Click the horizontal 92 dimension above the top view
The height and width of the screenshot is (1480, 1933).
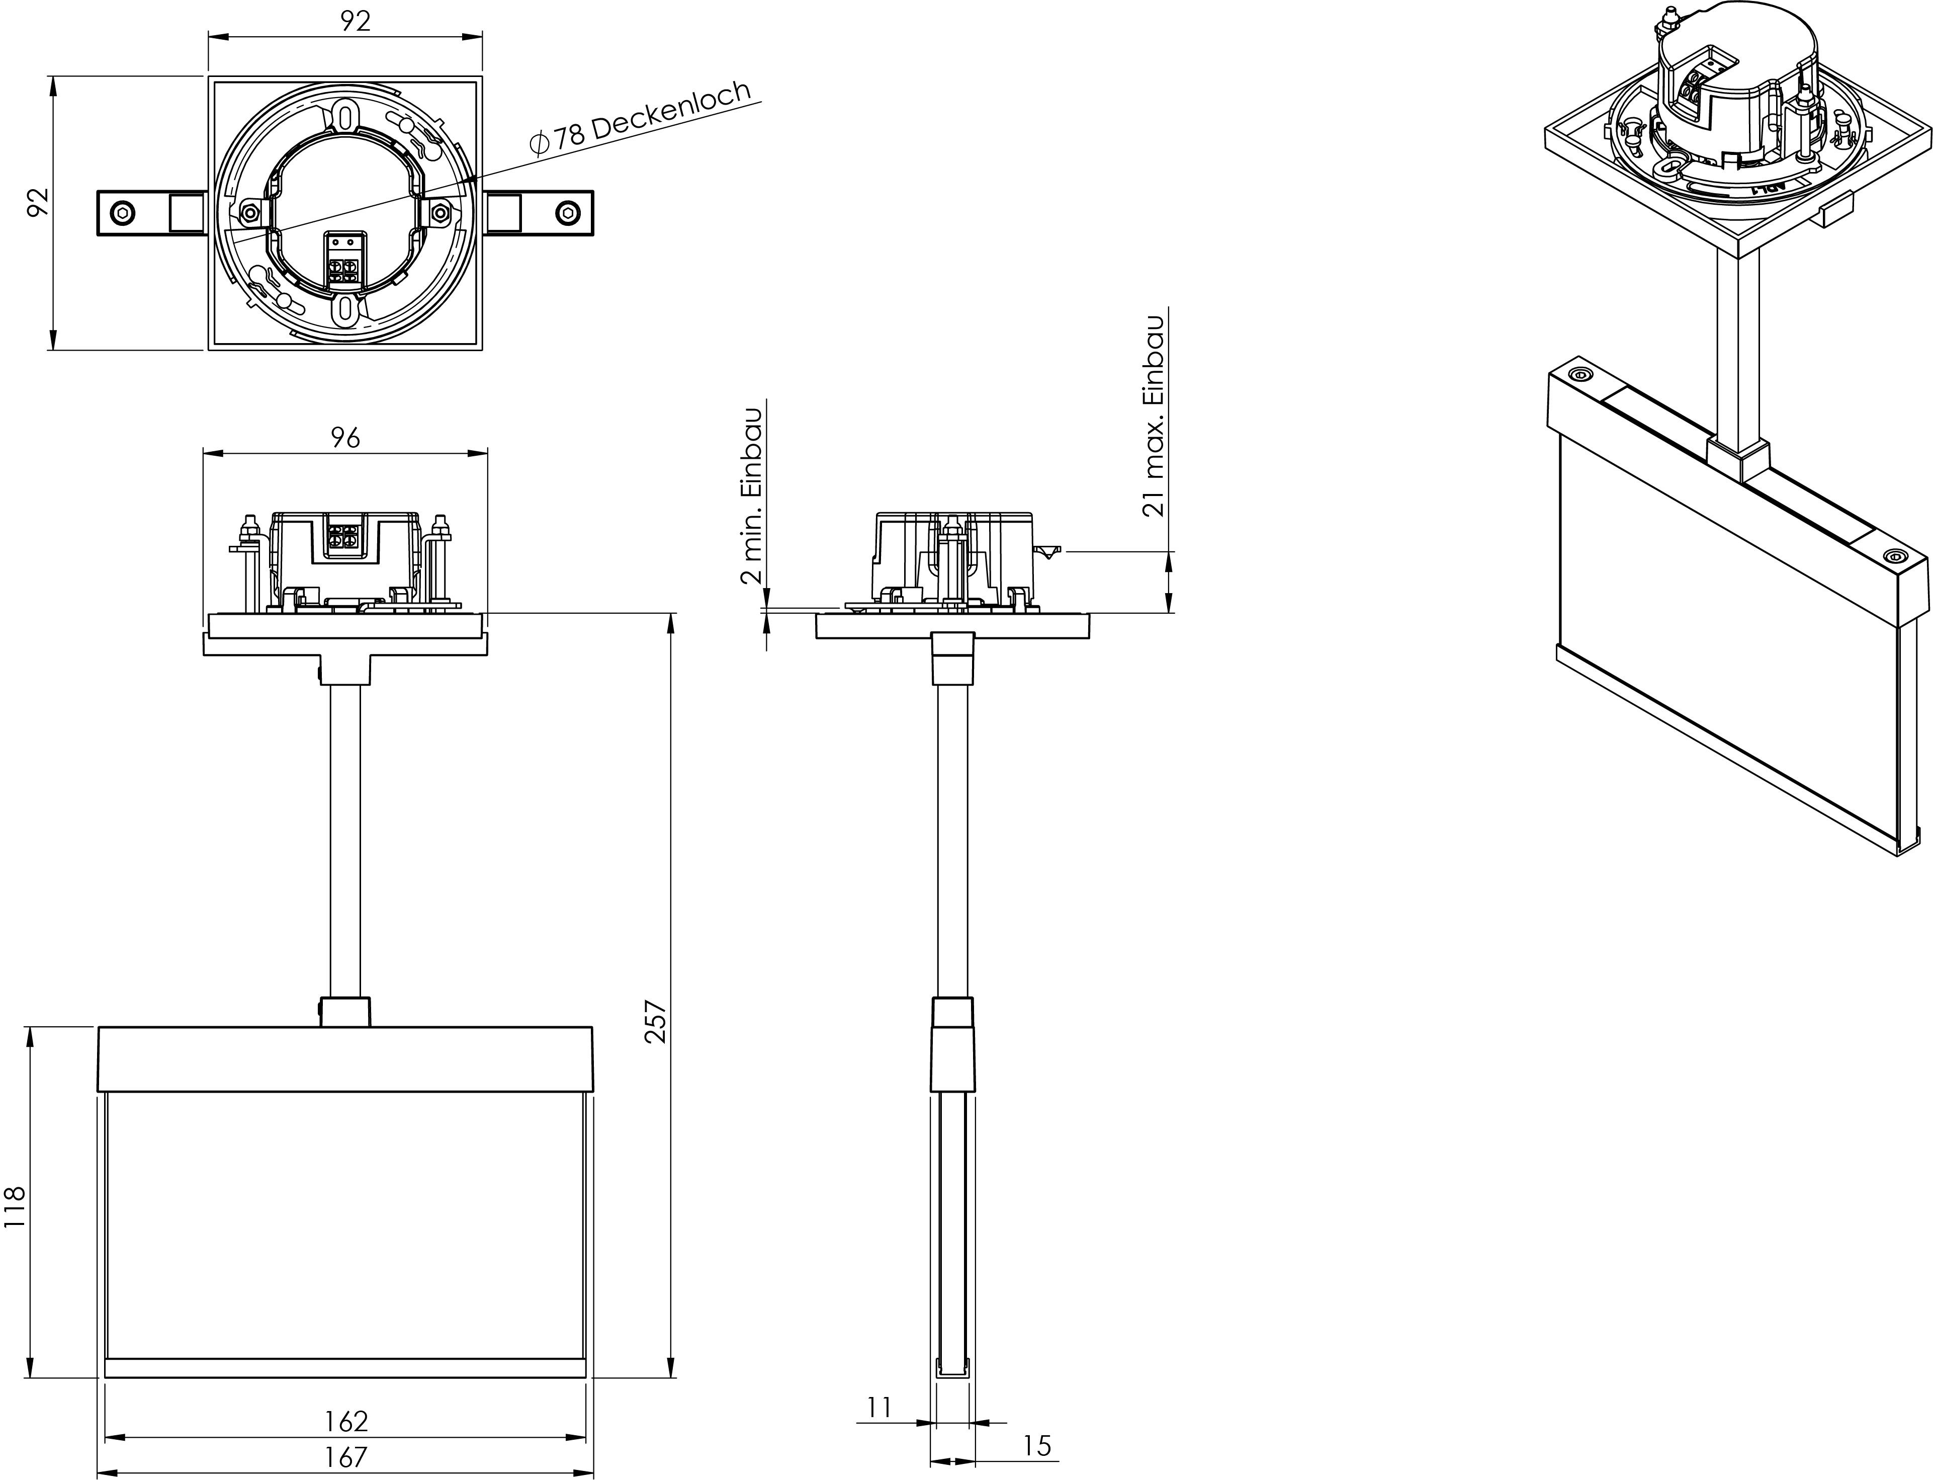point(355,21)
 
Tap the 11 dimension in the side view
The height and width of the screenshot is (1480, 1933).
point(879,1408)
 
